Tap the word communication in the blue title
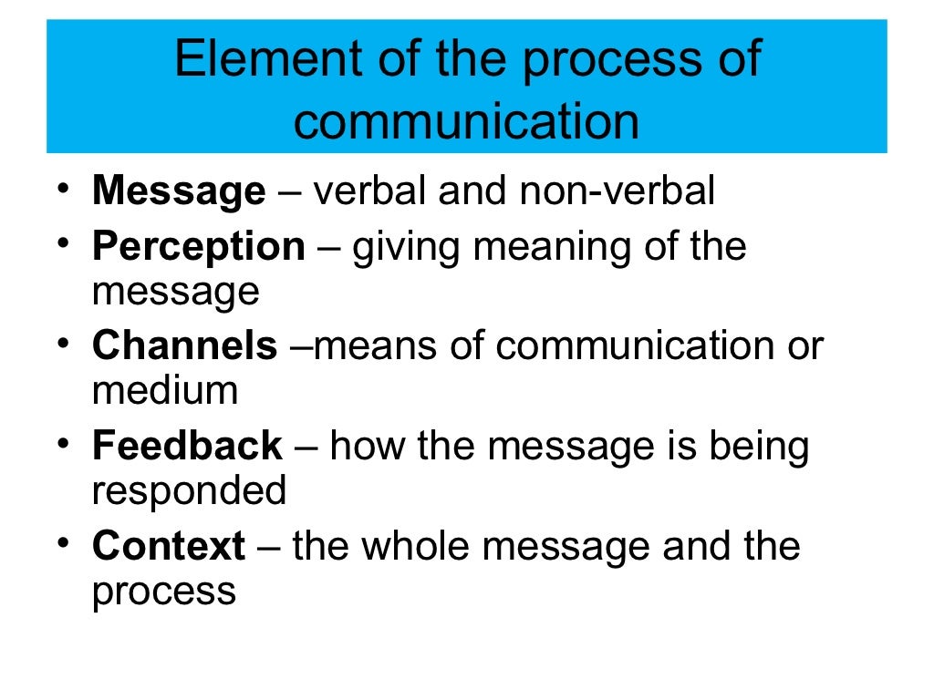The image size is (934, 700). click(466, 121)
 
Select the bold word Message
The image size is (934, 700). click(178, 192)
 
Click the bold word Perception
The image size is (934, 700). click(199, 247)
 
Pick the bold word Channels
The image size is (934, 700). click(184, 346)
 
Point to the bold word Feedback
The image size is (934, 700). click(187, 447)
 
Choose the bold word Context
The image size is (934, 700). click(169, 547)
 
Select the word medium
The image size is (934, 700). click(165, 391)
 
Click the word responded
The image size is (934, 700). click(189, 492)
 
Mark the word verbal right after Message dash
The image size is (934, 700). click(371, 192)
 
